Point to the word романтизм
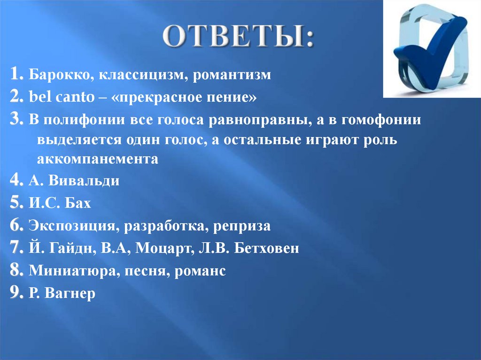click(x=232, y=75)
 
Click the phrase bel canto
click(x=62, y=97)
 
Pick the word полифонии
click(x=84, y=120)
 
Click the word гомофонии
click(x=381, y=120)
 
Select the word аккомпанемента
click(x=98, y=159)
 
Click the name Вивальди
click(x=84, y=181)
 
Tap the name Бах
click(x=78, y=203)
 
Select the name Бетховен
click(x=266, y=248)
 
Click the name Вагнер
click(x=70, y=293)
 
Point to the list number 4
click(x=16, y=180)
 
